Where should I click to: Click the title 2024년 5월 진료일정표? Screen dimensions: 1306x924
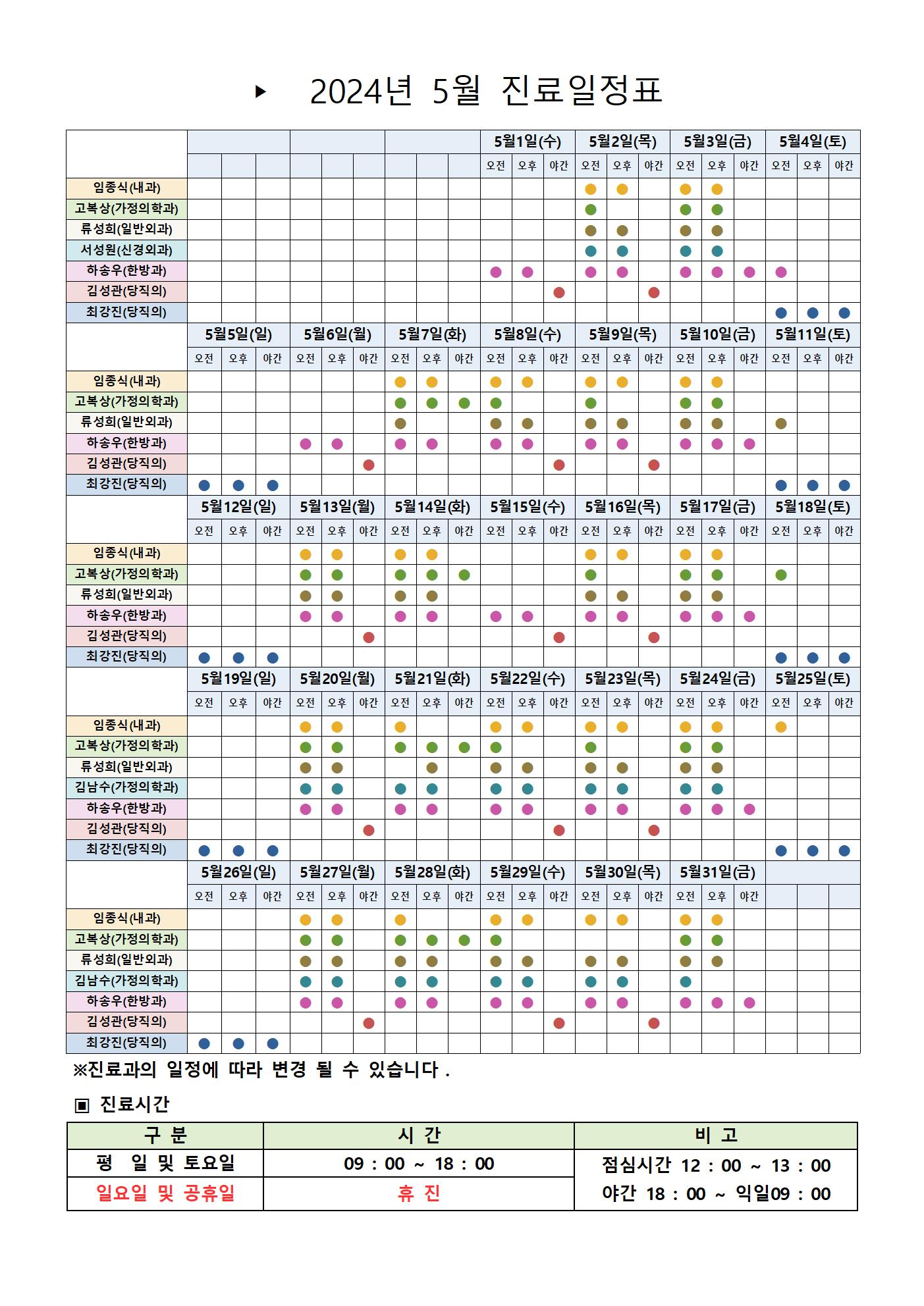[485, 91]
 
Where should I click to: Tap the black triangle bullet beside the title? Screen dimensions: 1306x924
[261, 91]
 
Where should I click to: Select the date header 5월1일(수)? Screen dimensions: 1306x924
[528, 142]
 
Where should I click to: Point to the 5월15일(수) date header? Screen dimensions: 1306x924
[528, 507]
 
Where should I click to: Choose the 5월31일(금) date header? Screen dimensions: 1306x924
[717, 872]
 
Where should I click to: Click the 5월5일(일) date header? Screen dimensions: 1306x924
[238, 334]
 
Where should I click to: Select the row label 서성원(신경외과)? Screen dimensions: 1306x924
[126, 250]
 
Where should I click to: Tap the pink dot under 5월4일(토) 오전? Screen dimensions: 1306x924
[781, 272]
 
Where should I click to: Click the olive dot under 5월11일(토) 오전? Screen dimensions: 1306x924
[781, 423]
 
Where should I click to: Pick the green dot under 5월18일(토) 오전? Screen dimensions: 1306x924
[781, 575]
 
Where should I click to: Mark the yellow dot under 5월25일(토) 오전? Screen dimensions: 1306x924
[781, 727]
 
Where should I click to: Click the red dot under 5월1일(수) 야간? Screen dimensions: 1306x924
[559, 292]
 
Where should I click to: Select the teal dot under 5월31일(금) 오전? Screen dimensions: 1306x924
[686, 981]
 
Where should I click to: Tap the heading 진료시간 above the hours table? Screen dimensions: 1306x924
[134, 1104]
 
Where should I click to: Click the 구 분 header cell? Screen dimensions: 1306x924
[165, 1136]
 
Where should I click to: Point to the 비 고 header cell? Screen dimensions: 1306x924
[716, 1136]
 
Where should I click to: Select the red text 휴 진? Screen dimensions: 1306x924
[419, 1193]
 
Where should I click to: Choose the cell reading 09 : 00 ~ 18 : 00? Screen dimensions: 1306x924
[419, 1164]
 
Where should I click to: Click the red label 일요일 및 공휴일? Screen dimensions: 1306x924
[165, 1193]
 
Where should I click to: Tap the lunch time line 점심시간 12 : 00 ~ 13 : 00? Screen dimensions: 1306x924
[716, 1165]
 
